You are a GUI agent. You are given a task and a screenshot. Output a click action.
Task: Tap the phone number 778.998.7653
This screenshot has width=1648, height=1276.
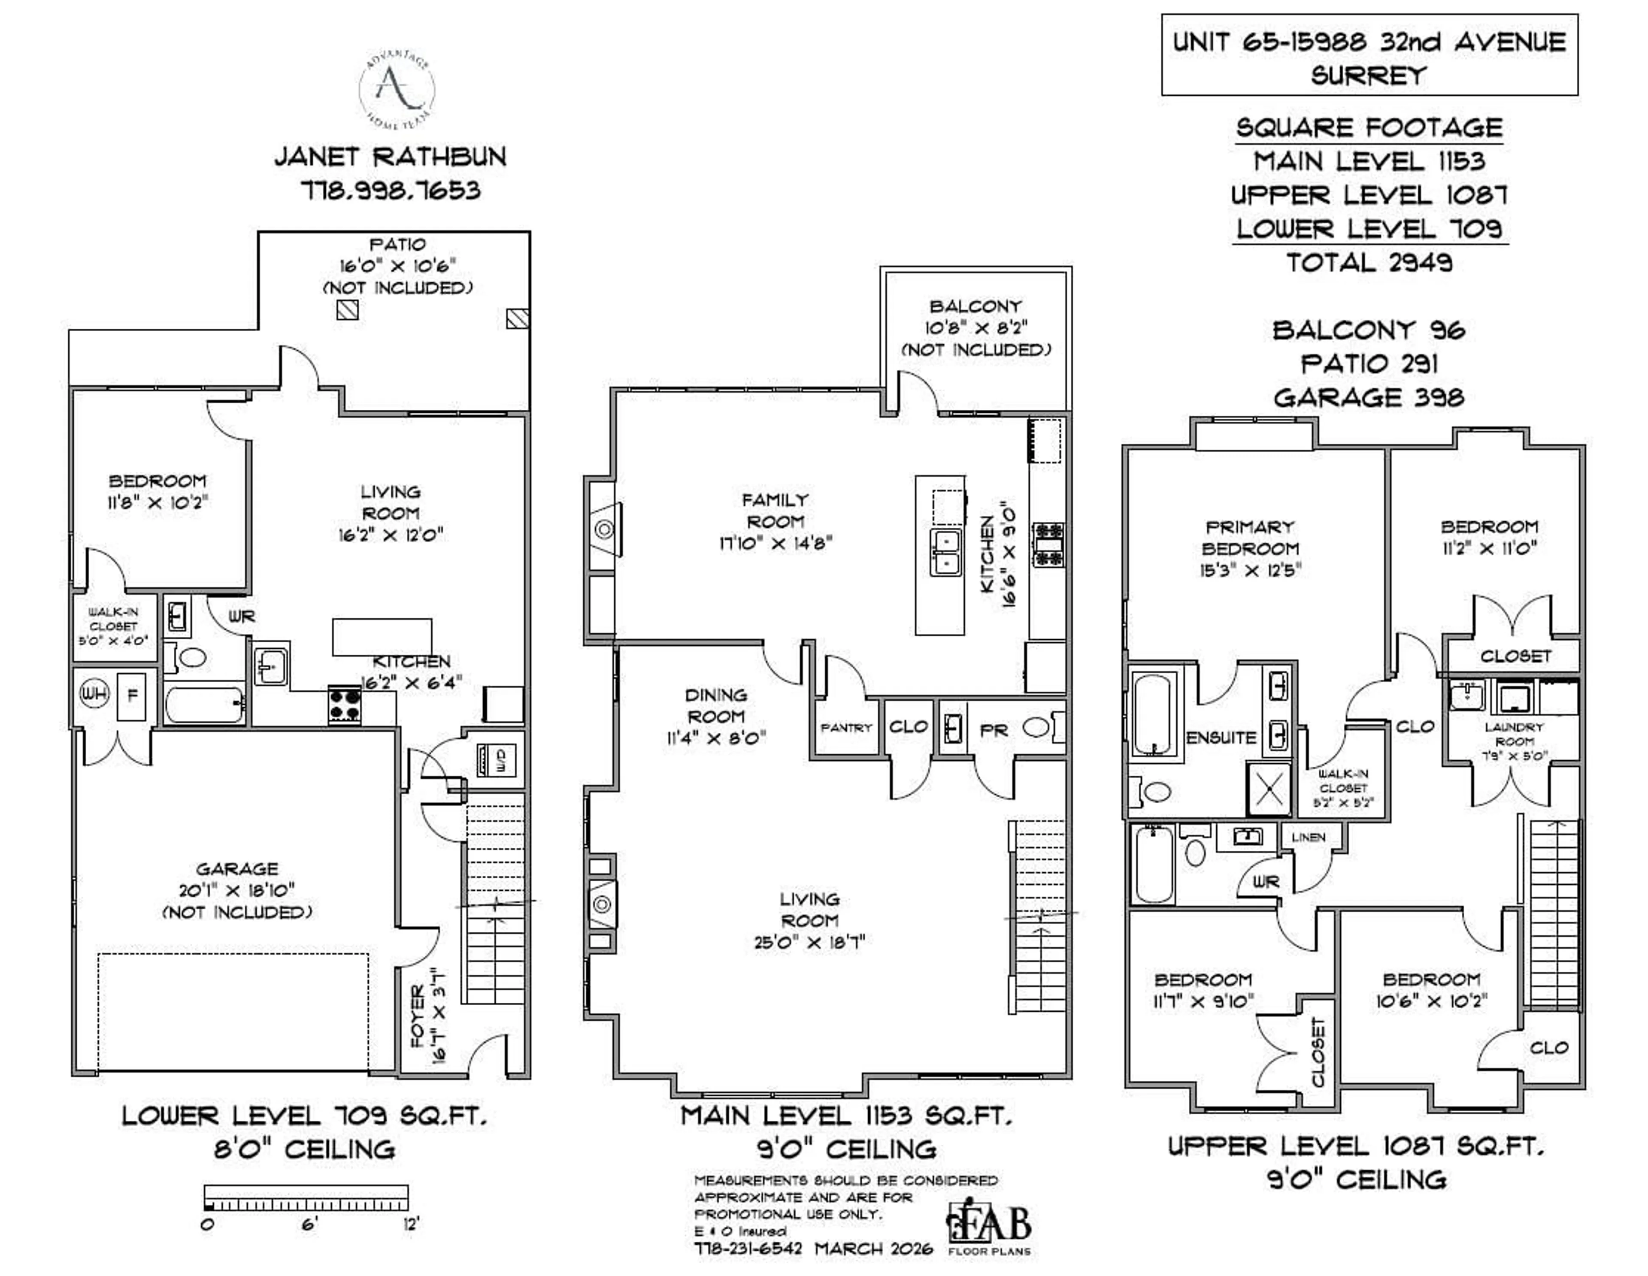[x=390, y=190]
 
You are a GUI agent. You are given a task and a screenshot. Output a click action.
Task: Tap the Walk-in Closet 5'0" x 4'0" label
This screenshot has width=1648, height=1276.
[x=113, y=626]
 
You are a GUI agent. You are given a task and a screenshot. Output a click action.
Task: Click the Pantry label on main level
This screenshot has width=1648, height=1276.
[x=846, y=727]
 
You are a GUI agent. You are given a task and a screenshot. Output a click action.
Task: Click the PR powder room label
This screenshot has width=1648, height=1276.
[x=993, y=730]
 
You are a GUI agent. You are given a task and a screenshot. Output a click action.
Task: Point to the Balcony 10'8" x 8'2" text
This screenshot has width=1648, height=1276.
[x=975, y=327]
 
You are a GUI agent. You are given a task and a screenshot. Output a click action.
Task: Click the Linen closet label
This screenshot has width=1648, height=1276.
[x=1308, y=837]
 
